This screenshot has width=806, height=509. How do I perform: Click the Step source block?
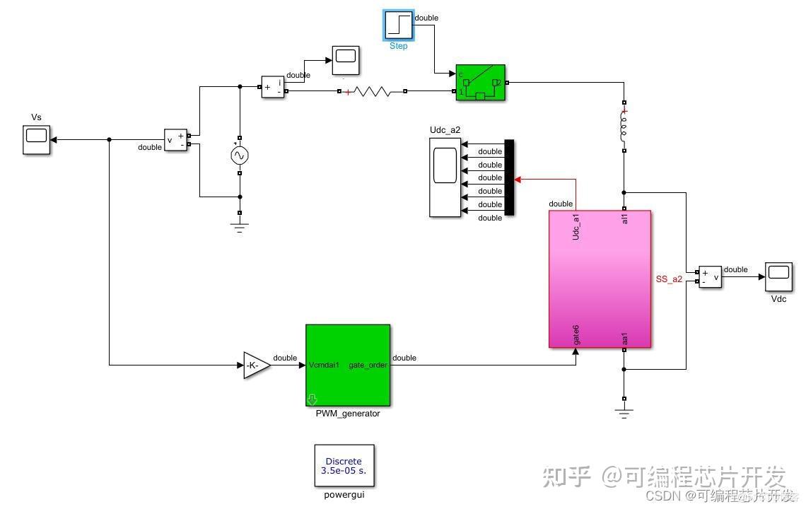(399, 25)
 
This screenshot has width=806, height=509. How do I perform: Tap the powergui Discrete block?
(344, 465)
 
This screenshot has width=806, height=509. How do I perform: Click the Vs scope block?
(37, 139)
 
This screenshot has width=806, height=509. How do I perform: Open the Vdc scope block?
(778, 277)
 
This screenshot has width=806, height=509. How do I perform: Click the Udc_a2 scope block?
(444, 177)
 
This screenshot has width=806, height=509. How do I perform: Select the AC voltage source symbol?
(240, 156)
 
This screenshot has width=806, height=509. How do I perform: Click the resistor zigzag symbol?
(372, 91)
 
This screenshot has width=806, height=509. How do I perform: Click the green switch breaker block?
(481, 83)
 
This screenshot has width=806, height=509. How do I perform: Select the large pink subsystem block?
(600, 279)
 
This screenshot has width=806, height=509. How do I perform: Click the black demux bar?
(508, 177)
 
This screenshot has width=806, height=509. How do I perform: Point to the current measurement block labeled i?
(272, 86)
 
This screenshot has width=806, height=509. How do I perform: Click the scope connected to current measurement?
(345, 60)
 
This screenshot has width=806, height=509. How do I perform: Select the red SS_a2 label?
(669, 279)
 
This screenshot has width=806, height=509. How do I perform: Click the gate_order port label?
(368, 365)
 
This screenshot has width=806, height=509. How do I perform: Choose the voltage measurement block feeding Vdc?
(710, 276)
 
